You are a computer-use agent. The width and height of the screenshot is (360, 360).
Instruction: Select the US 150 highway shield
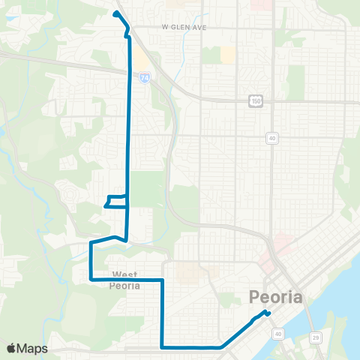coord(256,100)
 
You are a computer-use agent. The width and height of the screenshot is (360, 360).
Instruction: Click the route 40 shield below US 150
coord(271,138)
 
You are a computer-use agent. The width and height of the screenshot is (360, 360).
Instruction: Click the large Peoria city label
coord(275,297)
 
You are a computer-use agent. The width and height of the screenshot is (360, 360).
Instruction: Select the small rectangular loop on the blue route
coord(115,201)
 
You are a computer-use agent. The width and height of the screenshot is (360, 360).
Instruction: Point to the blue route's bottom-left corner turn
coord(163,347)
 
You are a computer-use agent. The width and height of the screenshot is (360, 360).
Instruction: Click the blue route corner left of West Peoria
coord(91,279)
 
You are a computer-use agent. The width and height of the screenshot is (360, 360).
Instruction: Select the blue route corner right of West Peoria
coord(163,280)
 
